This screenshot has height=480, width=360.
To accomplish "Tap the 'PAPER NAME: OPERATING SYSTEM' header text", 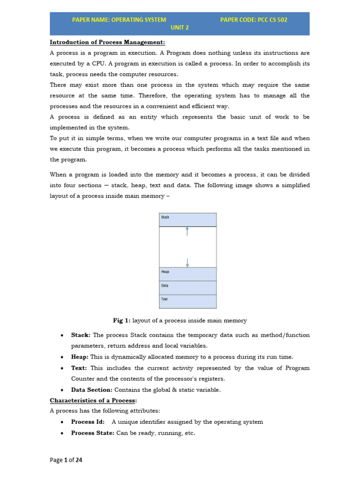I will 119,20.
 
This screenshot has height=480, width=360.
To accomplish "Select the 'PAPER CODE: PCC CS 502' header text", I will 254,20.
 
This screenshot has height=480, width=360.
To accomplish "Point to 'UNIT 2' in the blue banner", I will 180,28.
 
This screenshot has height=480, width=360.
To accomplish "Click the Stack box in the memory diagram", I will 187,219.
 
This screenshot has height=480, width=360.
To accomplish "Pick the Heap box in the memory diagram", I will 187,274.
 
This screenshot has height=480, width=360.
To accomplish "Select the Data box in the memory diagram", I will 187,287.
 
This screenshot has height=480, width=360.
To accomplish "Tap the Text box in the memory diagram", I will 187,301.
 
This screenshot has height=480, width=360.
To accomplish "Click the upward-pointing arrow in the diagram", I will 187,231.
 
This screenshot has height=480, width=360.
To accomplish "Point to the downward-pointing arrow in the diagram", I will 187,262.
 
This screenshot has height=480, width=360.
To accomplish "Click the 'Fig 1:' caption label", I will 122,321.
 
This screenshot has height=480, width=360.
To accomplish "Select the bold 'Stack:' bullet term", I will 81,335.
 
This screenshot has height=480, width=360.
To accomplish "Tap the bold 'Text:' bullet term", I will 79,368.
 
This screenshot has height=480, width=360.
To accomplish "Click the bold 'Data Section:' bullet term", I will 91,390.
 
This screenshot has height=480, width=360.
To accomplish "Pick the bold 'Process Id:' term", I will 88,422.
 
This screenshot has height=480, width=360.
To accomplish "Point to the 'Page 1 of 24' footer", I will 66,460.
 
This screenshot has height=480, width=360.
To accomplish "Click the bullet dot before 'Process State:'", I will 62,434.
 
